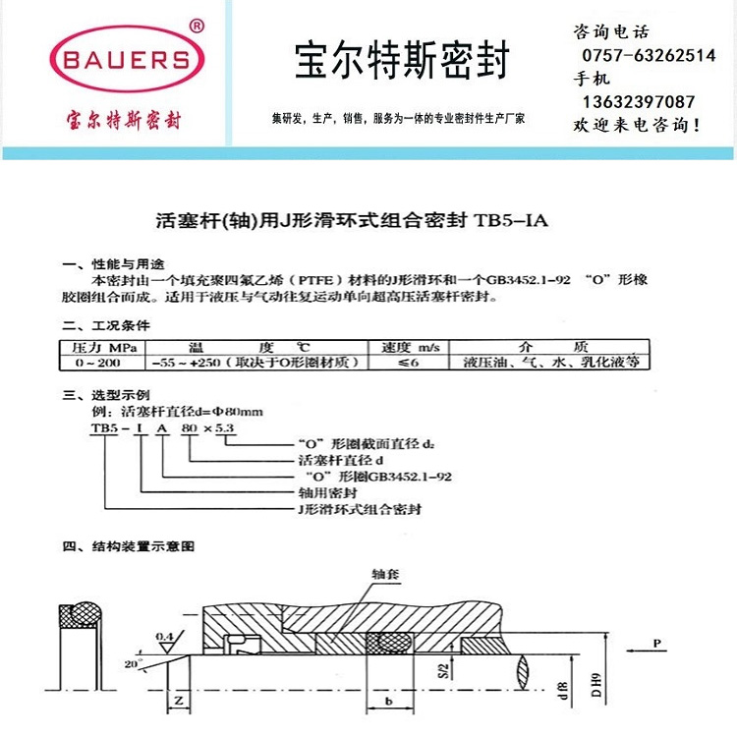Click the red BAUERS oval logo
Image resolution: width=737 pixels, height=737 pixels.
pos(127,60)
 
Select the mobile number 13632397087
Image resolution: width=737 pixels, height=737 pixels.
pos(639,101)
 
